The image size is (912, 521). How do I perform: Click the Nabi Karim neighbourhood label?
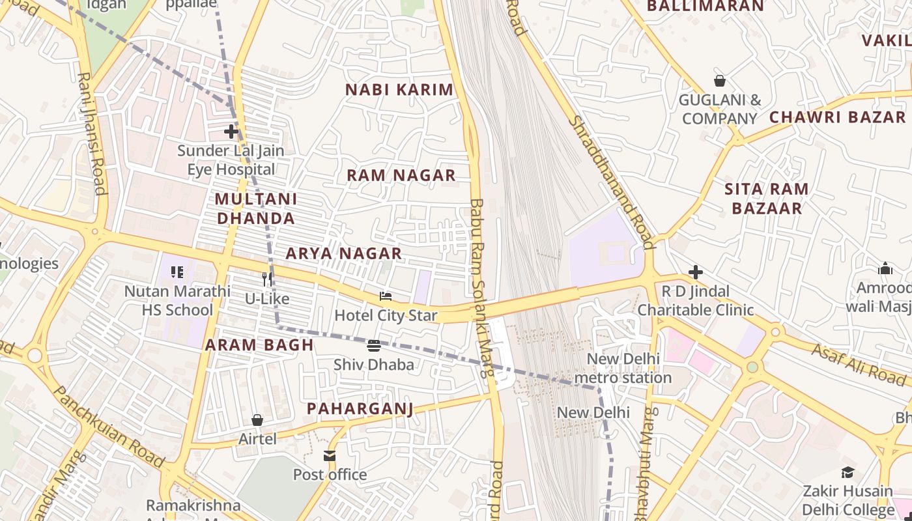point(399,90)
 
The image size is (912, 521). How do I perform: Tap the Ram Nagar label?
point(401,175)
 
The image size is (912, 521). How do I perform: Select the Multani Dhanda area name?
point(255,208)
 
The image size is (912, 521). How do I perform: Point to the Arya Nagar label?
point(343,253)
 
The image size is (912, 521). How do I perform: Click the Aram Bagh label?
point(259,345)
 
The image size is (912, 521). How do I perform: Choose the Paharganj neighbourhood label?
point(360,408)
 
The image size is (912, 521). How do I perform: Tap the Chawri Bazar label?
point(837,117)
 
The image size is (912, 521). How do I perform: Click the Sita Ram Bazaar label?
point(767,199)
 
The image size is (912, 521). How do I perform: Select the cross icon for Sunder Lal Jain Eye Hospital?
point(231,132)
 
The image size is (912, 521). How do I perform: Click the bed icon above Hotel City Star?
point(386,297)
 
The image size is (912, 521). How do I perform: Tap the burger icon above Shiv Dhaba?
point(374,345)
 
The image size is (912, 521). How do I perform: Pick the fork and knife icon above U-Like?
point(267,279)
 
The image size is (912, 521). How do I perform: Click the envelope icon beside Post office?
point(330,456)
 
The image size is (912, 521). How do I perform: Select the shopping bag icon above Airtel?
point(257,420)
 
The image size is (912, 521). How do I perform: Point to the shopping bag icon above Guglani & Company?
point(720,81)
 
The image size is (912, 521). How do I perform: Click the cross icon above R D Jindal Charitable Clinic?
point(696,272)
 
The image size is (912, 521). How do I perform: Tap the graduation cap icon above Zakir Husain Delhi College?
point(848,472)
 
